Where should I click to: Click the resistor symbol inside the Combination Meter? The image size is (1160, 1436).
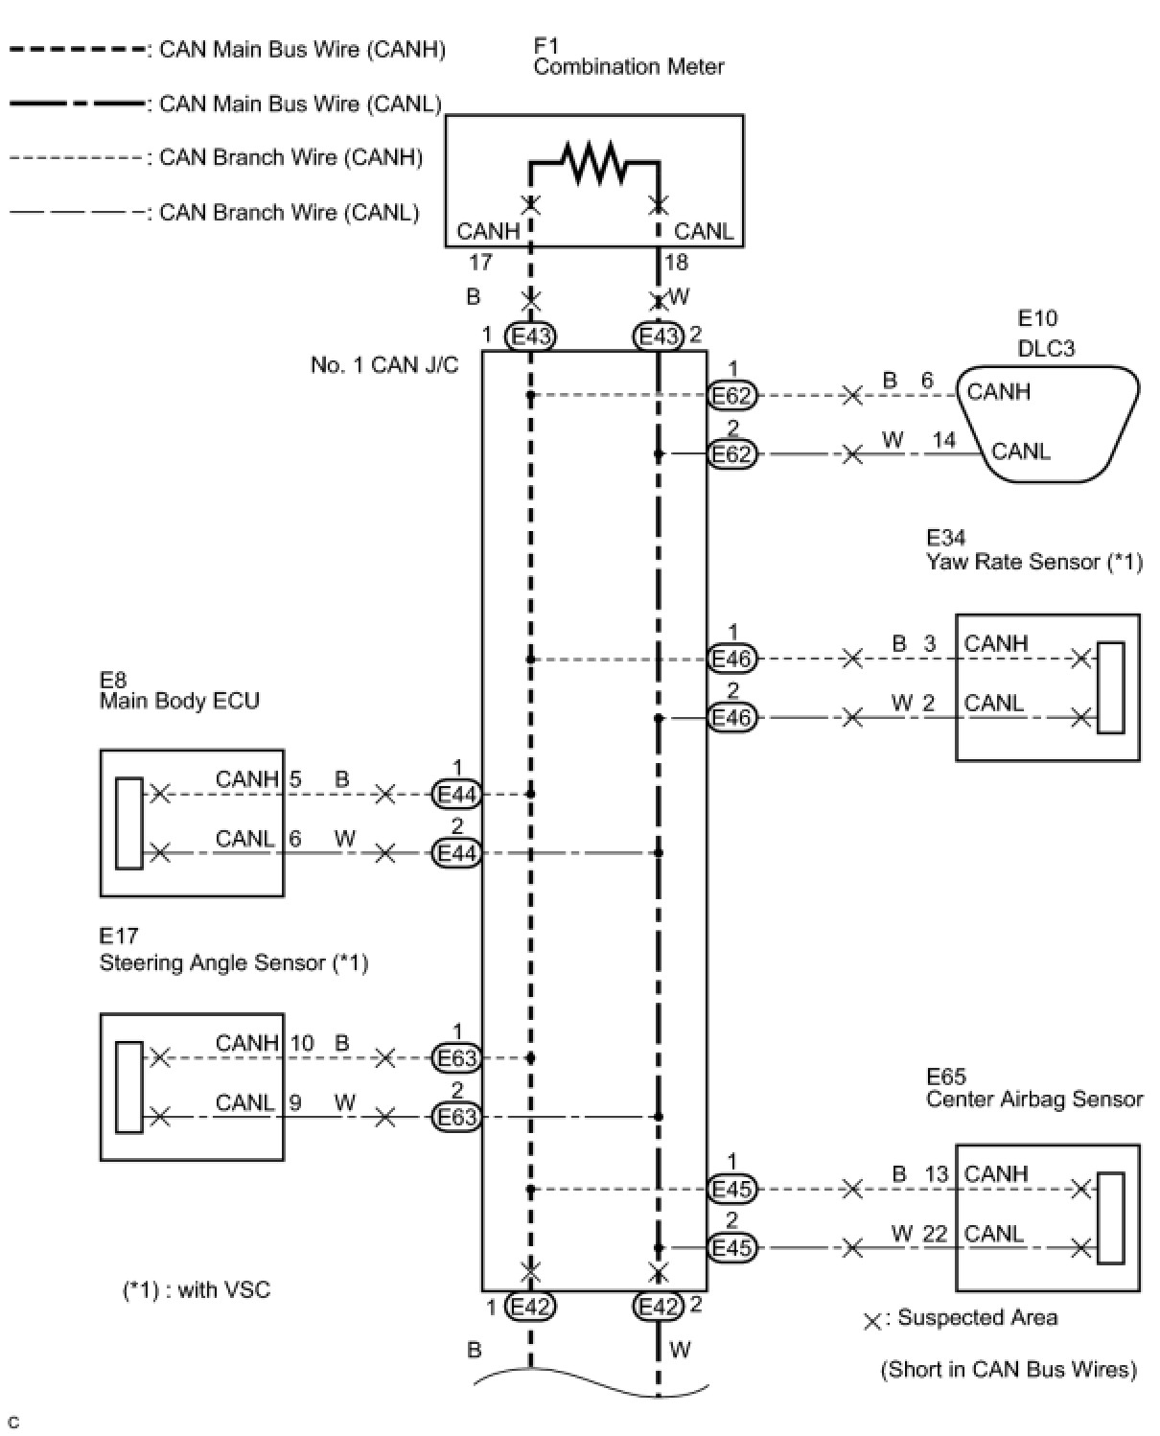(593, 162)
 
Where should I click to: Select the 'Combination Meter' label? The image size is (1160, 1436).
(628, 67)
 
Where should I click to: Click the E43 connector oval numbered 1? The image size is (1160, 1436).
(530, 336)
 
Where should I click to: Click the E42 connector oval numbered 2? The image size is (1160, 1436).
(659, 1308)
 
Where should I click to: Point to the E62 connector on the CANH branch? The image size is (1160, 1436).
(731, 395)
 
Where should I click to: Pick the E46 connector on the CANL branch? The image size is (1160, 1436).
(731, 717)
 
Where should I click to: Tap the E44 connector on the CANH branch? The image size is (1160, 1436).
(457, 794)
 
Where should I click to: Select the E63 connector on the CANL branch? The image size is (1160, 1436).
(457, 1117)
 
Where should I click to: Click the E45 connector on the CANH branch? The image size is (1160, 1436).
(731, 1189)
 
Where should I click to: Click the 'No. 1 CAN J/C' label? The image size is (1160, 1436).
(384, 364)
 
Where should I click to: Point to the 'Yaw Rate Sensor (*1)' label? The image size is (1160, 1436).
(1034, 562)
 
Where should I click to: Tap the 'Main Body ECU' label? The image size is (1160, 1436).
(179, 701)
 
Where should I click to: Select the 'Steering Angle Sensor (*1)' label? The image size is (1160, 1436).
(234, 962)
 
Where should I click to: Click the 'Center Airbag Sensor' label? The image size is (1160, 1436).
(1034, 1099)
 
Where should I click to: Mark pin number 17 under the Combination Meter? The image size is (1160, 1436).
(480, 262)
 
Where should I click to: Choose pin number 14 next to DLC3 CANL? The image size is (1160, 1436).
(943, 440)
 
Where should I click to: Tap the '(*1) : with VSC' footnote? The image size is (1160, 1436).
(197, 1289)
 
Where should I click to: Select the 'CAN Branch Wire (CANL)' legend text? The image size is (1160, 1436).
(290, 213)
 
